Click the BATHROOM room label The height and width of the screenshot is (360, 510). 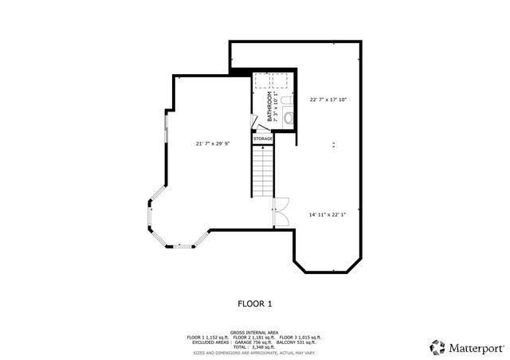pyautogui.click(x=269, y=106)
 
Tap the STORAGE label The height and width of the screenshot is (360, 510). pyautogui.click(x=263, y=139)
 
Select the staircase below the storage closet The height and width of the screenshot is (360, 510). pyautogui.click(x=264, y=172)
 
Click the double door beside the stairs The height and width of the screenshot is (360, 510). pyautogui.click(x=280, y=211)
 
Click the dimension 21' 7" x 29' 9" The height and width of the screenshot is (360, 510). pyautogui.click(x=213, y=143)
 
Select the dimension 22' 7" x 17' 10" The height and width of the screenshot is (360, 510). pyautogui.click(x=328, y=100)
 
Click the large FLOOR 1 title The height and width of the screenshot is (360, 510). pyautogui.click(x=255, y=303)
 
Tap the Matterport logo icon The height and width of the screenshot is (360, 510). pyautogui.click(x=437, y=347)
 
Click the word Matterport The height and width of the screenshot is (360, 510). pyautogui.click(x=475, y=348)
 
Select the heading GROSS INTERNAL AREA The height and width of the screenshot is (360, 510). pyautogui.click(x=255, y=331)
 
